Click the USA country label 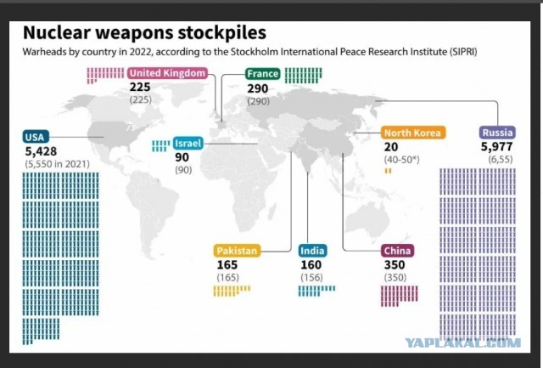coord(36,137)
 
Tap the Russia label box coord(497,133)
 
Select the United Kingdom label coord(167,73)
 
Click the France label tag coord(263,74)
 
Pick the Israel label coord(188,144)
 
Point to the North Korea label coord(413,133)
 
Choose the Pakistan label coord(238,251)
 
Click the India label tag coord(312,251)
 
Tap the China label coord(397,251)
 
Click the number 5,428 coord(41,151)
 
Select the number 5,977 coord(496,147)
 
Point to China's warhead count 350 coord(395,265)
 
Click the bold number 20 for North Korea coord(391,147)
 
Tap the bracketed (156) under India coord(311,277)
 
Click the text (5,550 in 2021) coord(57,164)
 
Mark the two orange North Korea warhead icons coord(389,171)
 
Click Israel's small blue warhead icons coord(160,146)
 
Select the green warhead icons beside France coord(304,76)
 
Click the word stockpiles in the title coord(222,33)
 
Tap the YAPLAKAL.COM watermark coord(463,343)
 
